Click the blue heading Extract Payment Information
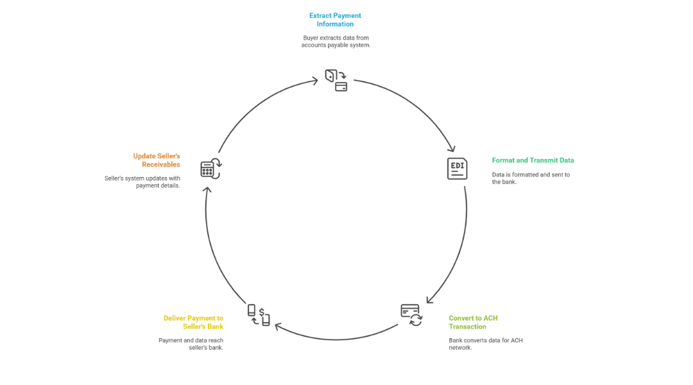(x=336, y=19)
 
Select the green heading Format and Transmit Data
(x=533, y=160)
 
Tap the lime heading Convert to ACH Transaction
(x=473, y=322)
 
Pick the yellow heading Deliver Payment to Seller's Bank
(x=193, y=322)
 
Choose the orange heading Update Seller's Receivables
(x=157, y=160)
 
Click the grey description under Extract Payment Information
(x=336, y=42)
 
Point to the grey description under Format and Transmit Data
(x=531, y=178)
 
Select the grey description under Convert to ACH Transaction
(x=485, y=343)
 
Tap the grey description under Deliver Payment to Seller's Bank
(x=191, y=343)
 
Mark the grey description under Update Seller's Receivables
(x=142, y=182)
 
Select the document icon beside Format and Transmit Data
(x=457, y=168)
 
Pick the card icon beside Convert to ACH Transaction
(x=411, y=314)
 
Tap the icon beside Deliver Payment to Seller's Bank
(x=259, y=314)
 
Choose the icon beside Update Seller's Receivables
(x=210, y=169)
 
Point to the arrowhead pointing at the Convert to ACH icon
(x=429, y=300)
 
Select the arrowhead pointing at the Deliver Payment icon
(x=277, y=327)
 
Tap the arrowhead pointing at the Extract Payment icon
(x=315, y=80)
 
